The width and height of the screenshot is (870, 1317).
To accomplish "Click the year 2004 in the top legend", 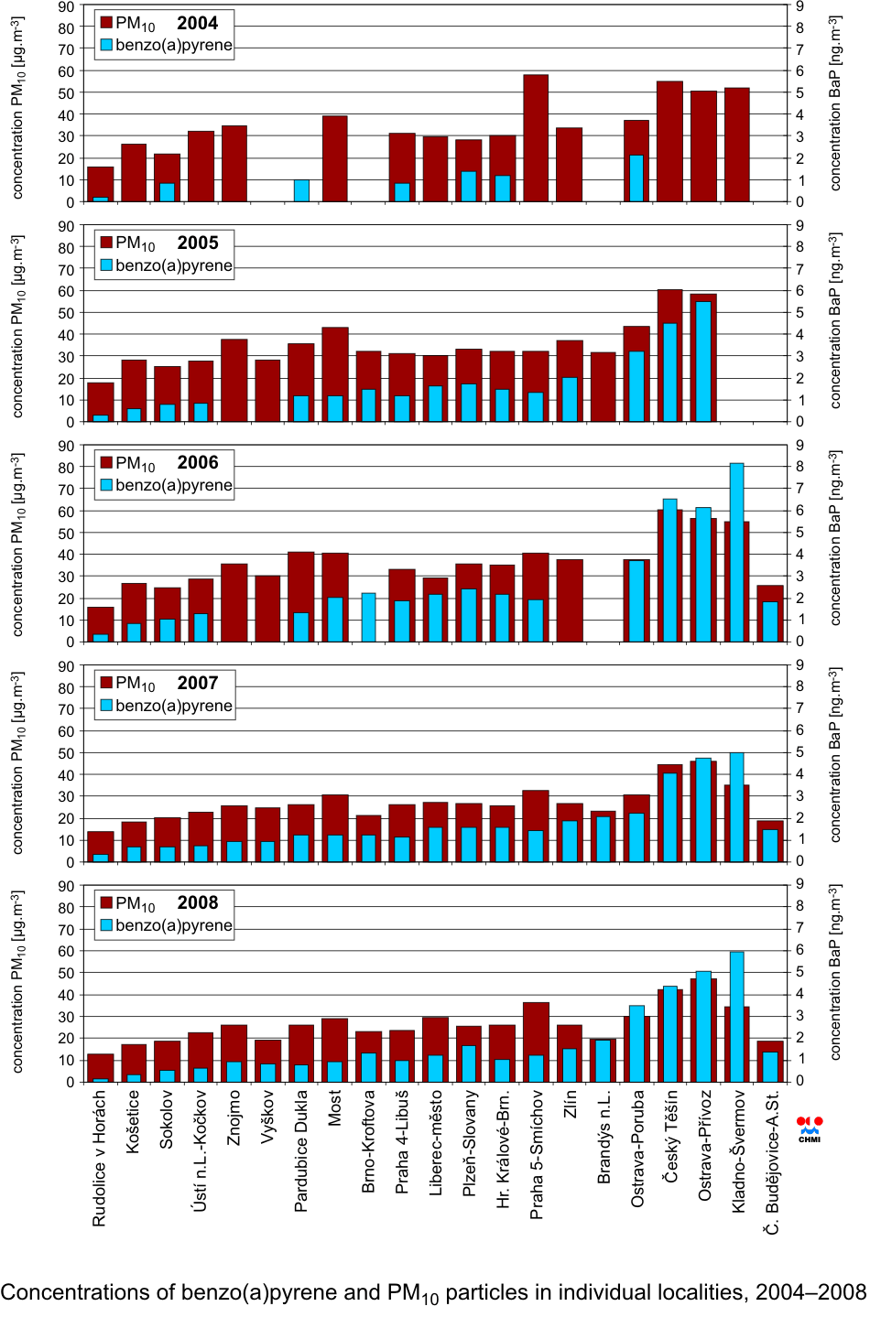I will pos(197,24).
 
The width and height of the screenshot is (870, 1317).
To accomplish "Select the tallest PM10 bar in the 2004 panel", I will pos(536,137).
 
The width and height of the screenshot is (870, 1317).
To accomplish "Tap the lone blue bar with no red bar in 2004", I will pos(301,190).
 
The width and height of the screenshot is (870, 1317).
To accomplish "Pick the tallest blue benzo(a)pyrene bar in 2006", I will pos(736,552).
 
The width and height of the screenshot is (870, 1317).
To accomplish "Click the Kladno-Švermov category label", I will pos(738,1151).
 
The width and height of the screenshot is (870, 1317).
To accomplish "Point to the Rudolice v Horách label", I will pos(100,1158).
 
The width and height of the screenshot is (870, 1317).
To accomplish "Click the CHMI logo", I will pos(810,1128).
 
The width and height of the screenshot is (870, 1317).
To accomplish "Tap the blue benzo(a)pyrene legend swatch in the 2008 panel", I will pos(106,925).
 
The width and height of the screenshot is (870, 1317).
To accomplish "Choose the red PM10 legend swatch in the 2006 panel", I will pos(106,463).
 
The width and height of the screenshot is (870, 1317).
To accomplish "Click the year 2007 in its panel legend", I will pos(198,684).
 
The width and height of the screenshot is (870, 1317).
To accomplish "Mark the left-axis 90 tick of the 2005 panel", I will pos(67,226).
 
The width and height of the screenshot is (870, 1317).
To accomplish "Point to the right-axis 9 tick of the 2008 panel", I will pos(799,884).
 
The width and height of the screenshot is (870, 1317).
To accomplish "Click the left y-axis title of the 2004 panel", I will pos(17,107).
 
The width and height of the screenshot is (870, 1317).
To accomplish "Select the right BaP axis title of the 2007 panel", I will pos(834,754).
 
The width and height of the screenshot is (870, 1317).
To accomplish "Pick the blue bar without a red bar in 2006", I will pos(368,617).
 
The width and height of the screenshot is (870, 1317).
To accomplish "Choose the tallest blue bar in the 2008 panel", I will pos(736,1016).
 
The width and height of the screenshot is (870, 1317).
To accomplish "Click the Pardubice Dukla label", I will pos(301,1150).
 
